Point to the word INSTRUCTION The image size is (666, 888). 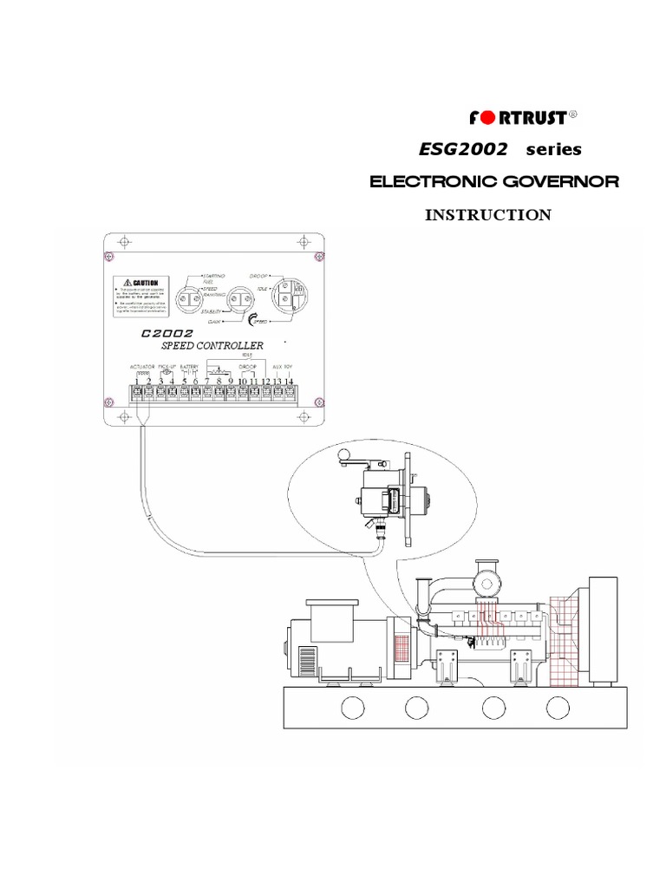[487, 215]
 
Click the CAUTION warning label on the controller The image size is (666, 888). [140, 283]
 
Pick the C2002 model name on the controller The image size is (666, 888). [166, 333]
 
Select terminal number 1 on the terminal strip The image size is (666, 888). [138, 381]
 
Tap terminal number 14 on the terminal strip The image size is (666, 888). [290, 381]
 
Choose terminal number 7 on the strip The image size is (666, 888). [208, 381]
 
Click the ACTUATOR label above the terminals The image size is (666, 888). [143, 367]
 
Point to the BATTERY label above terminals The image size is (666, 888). [190, 367]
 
